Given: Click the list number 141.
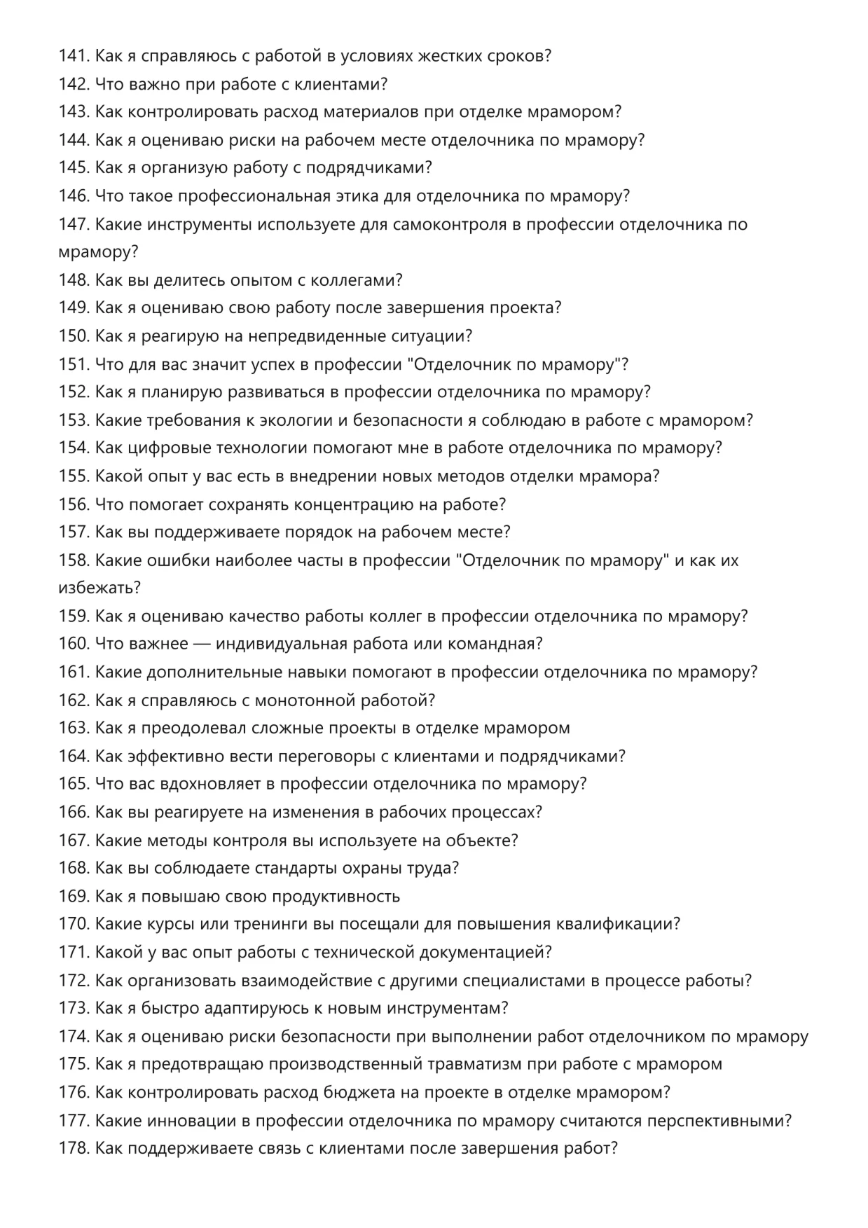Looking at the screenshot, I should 74,55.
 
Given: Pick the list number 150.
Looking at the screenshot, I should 74,336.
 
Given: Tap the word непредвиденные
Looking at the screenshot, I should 317,336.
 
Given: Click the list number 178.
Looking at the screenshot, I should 74,1148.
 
